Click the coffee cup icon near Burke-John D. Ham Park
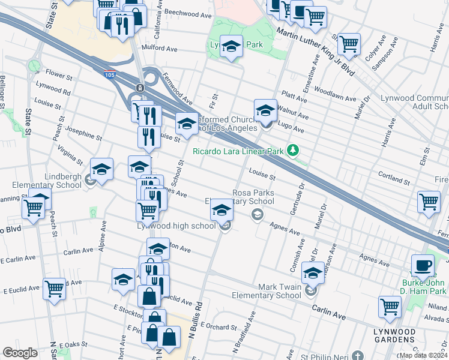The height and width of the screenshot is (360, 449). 423,265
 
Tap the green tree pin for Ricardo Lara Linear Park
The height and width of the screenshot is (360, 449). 293,150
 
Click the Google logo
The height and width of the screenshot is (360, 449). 20,353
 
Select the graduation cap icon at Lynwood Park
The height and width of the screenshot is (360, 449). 231,46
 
